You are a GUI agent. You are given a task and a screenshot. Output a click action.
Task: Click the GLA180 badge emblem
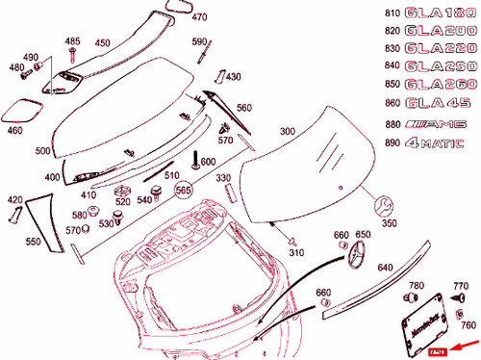click(x=439, y=13)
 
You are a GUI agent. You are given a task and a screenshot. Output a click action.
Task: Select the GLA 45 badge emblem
click(x=435, y=102)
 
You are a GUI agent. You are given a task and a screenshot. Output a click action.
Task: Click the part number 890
click(x=389, y=144)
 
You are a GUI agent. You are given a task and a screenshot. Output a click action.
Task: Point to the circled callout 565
click(x=184, y=191)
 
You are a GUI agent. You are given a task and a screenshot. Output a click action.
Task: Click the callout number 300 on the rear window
click(x=287, y=131)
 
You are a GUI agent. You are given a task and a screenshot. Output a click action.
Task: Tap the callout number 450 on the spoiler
click(x=102, y=42)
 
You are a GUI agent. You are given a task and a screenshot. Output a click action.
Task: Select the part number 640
click(x=385, y=267)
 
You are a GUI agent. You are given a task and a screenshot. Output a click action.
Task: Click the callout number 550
click(x=33, y=242)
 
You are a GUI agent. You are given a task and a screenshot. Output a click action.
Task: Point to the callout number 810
click(x=389, y=13)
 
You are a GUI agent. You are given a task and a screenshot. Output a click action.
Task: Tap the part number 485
click(x=73, y=41)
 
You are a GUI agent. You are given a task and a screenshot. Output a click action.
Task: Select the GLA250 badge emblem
click(x=439, y=65)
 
